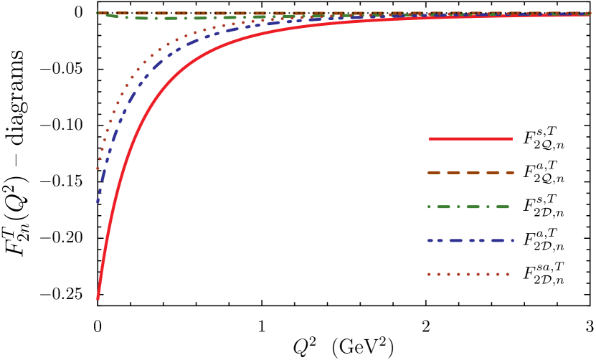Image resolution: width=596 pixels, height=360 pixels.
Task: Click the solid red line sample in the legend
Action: tap(470, 138)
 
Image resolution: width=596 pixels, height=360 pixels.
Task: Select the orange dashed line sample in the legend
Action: tap(470, 173)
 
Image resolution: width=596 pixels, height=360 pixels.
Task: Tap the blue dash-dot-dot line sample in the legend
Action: tap(470, 240)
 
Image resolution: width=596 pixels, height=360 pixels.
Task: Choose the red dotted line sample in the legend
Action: tap(468, 274)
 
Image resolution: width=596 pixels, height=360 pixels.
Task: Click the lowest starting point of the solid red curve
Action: tap(98, 296)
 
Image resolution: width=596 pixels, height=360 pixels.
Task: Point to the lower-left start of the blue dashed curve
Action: tap(98, 201)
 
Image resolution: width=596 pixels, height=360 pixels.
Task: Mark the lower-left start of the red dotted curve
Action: tap(98, 169)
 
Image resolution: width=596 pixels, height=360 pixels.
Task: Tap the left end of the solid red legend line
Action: tap(430, 138)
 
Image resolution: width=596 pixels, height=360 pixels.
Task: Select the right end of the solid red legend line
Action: tap(511, 138)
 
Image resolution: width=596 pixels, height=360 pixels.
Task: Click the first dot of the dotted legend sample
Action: tap(429, 274)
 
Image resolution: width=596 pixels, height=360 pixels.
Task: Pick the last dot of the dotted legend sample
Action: tap(507, 274)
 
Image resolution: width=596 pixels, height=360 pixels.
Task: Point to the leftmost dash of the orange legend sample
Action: tap(433, 173)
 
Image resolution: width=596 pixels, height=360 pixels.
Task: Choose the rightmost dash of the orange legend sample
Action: tap(509, 173)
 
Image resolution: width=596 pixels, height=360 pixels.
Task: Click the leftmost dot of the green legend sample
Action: tap(429, 207)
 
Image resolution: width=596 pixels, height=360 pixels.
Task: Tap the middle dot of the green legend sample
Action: tap(458, 207)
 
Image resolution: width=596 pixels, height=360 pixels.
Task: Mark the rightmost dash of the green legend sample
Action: tap(502, 207)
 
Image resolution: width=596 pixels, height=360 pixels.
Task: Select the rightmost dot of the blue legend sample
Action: tap(512, 240)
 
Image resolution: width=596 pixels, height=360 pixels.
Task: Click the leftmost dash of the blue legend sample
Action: tap(430, 240)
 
